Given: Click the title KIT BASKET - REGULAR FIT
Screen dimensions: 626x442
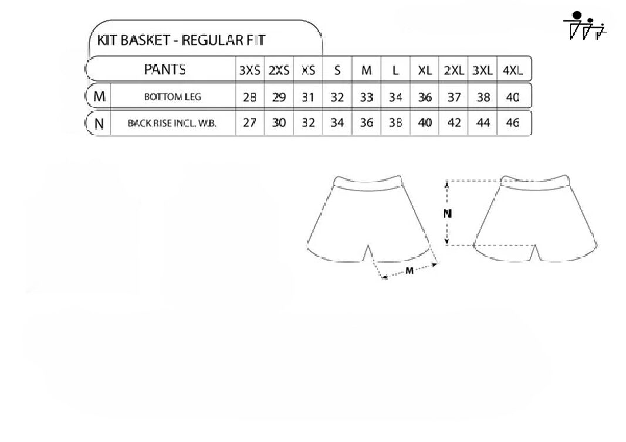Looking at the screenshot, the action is click(181, 40).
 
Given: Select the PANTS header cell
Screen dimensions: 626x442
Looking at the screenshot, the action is click(164, 69).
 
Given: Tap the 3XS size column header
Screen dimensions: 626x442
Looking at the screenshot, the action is click(249, 70).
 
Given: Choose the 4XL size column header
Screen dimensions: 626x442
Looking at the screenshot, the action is click(513, 70).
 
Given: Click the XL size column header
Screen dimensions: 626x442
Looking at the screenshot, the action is click(425, 70).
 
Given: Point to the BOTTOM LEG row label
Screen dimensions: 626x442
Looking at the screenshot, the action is click(172, 97).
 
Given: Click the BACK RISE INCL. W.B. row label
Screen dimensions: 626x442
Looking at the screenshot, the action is click(172, 123).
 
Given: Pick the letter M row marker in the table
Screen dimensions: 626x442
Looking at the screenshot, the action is click(99, 96).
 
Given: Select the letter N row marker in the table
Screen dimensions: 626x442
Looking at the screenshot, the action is click(99, 124).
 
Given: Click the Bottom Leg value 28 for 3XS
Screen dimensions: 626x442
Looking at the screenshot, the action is click(249, 97).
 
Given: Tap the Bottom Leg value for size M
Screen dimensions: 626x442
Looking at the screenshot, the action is click(367, 97).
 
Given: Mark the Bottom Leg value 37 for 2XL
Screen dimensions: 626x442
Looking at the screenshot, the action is click(454, 97).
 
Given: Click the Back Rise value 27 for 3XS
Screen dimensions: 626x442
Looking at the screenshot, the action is click(249, 123).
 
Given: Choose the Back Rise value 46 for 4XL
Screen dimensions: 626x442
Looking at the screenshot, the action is click(513, 123).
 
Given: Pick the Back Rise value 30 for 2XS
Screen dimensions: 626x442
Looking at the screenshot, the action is click(279, 123).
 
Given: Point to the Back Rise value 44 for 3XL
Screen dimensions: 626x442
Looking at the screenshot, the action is click(483, 123).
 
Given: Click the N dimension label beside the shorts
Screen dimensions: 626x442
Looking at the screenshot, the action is click(447, 214).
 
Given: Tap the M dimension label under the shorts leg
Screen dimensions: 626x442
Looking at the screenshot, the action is click(409, 271).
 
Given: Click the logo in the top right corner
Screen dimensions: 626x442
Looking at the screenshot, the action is click(585, 25).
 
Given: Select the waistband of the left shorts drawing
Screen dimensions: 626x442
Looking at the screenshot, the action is click(367, 184).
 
